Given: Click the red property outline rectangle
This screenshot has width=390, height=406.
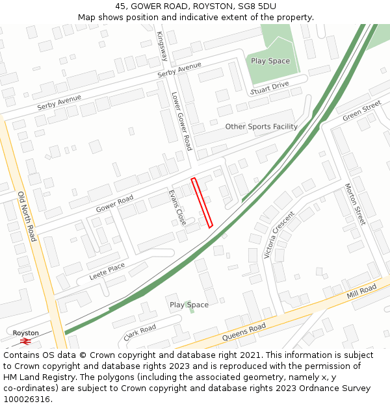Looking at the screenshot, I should tap(202, 202).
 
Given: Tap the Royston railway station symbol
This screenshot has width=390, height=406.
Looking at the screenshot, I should tap(26, 340).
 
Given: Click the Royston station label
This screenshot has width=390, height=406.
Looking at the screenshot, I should tap(26, 333).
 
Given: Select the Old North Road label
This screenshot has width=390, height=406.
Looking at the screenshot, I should tap(27, 217).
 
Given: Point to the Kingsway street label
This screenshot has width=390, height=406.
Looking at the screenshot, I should tap(162, 47).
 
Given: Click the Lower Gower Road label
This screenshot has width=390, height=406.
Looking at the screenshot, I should tap(181, 120).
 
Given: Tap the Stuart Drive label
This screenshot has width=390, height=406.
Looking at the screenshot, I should tap(270, 86).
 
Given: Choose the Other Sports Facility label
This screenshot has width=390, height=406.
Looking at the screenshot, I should tap(261, 127).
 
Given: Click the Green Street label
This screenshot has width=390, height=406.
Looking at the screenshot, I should tap(361, 110).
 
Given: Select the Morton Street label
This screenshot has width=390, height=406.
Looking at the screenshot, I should tap(355, 204).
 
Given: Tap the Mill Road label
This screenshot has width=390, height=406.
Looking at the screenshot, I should tap(361, 292).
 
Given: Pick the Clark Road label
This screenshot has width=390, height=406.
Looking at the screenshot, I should tap(140, 332).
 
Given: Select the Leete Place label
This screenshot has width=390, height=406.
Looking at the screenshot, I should tap(107, 270).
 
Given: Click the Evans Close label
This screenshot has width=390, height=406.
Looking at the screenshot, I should tap(177, 207).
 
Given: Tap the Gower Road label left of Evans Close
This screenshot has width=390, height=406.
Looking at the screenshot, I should tap(114, 203).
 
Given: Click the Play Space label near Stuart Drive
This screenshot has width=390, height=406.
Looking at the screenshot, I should tap(270, 61).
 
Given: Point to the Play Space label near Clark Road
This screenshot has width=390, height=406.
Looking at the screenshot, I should tap(189, 305).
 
